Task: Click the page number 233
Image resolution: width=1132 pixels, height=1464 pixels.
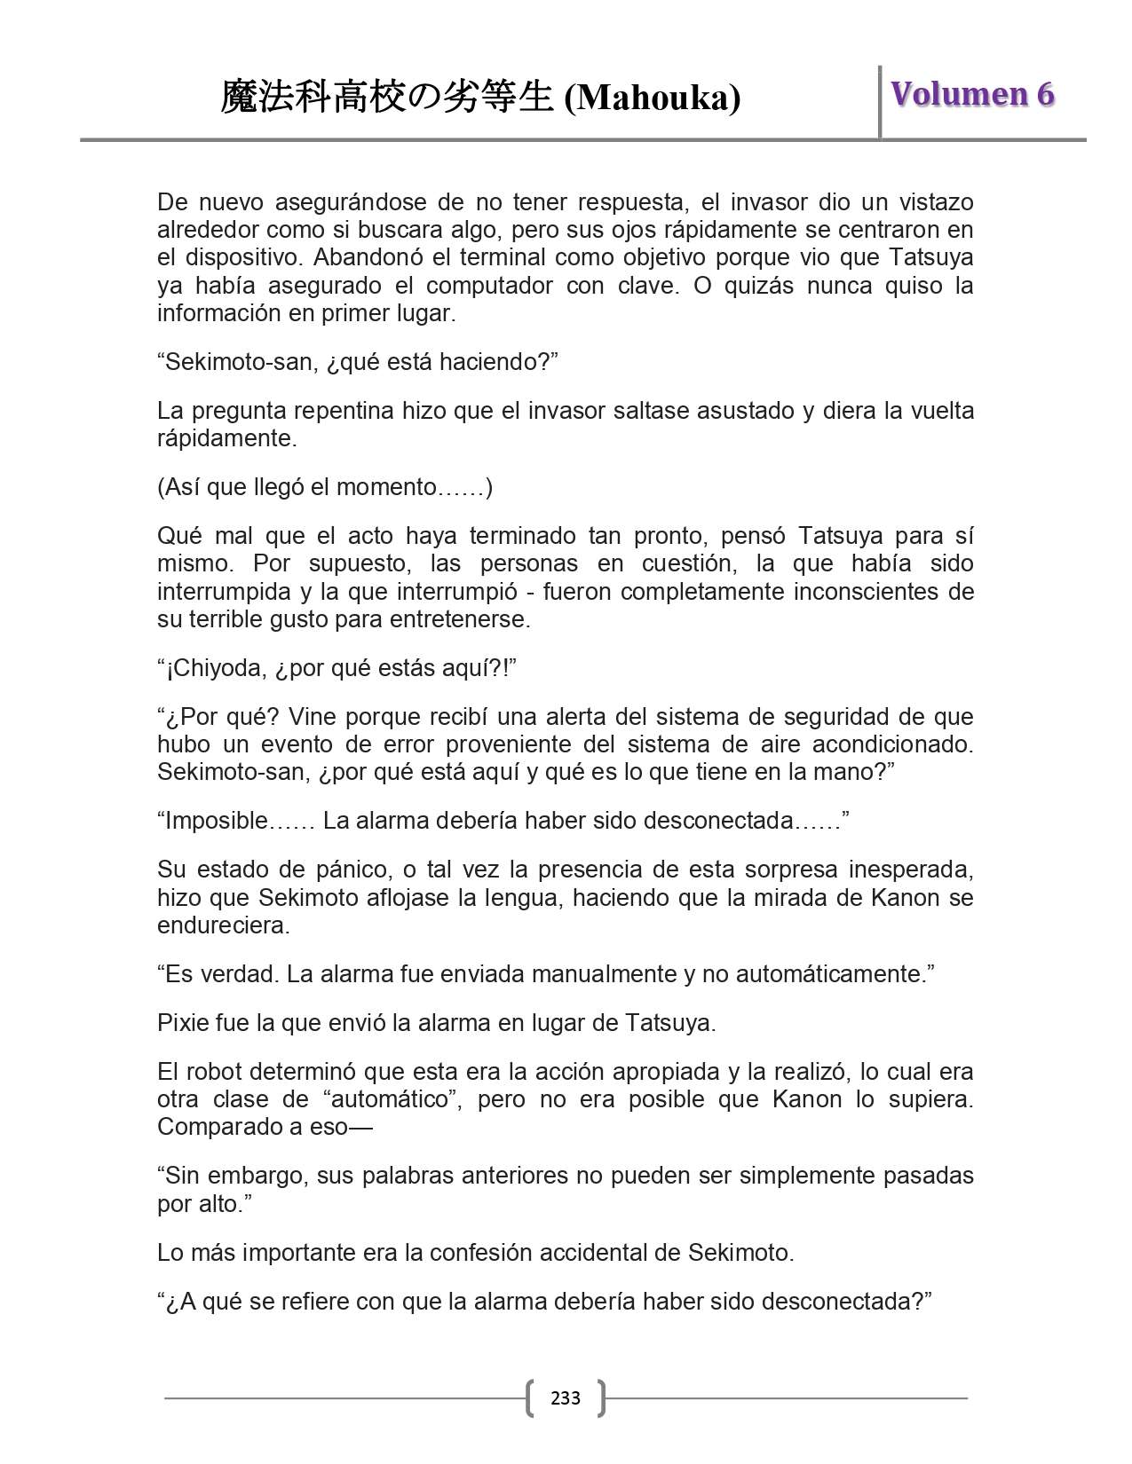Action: [566, 1398]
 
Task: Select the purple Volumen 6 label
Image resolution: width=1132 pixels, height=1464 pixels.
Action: [972, 94]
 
